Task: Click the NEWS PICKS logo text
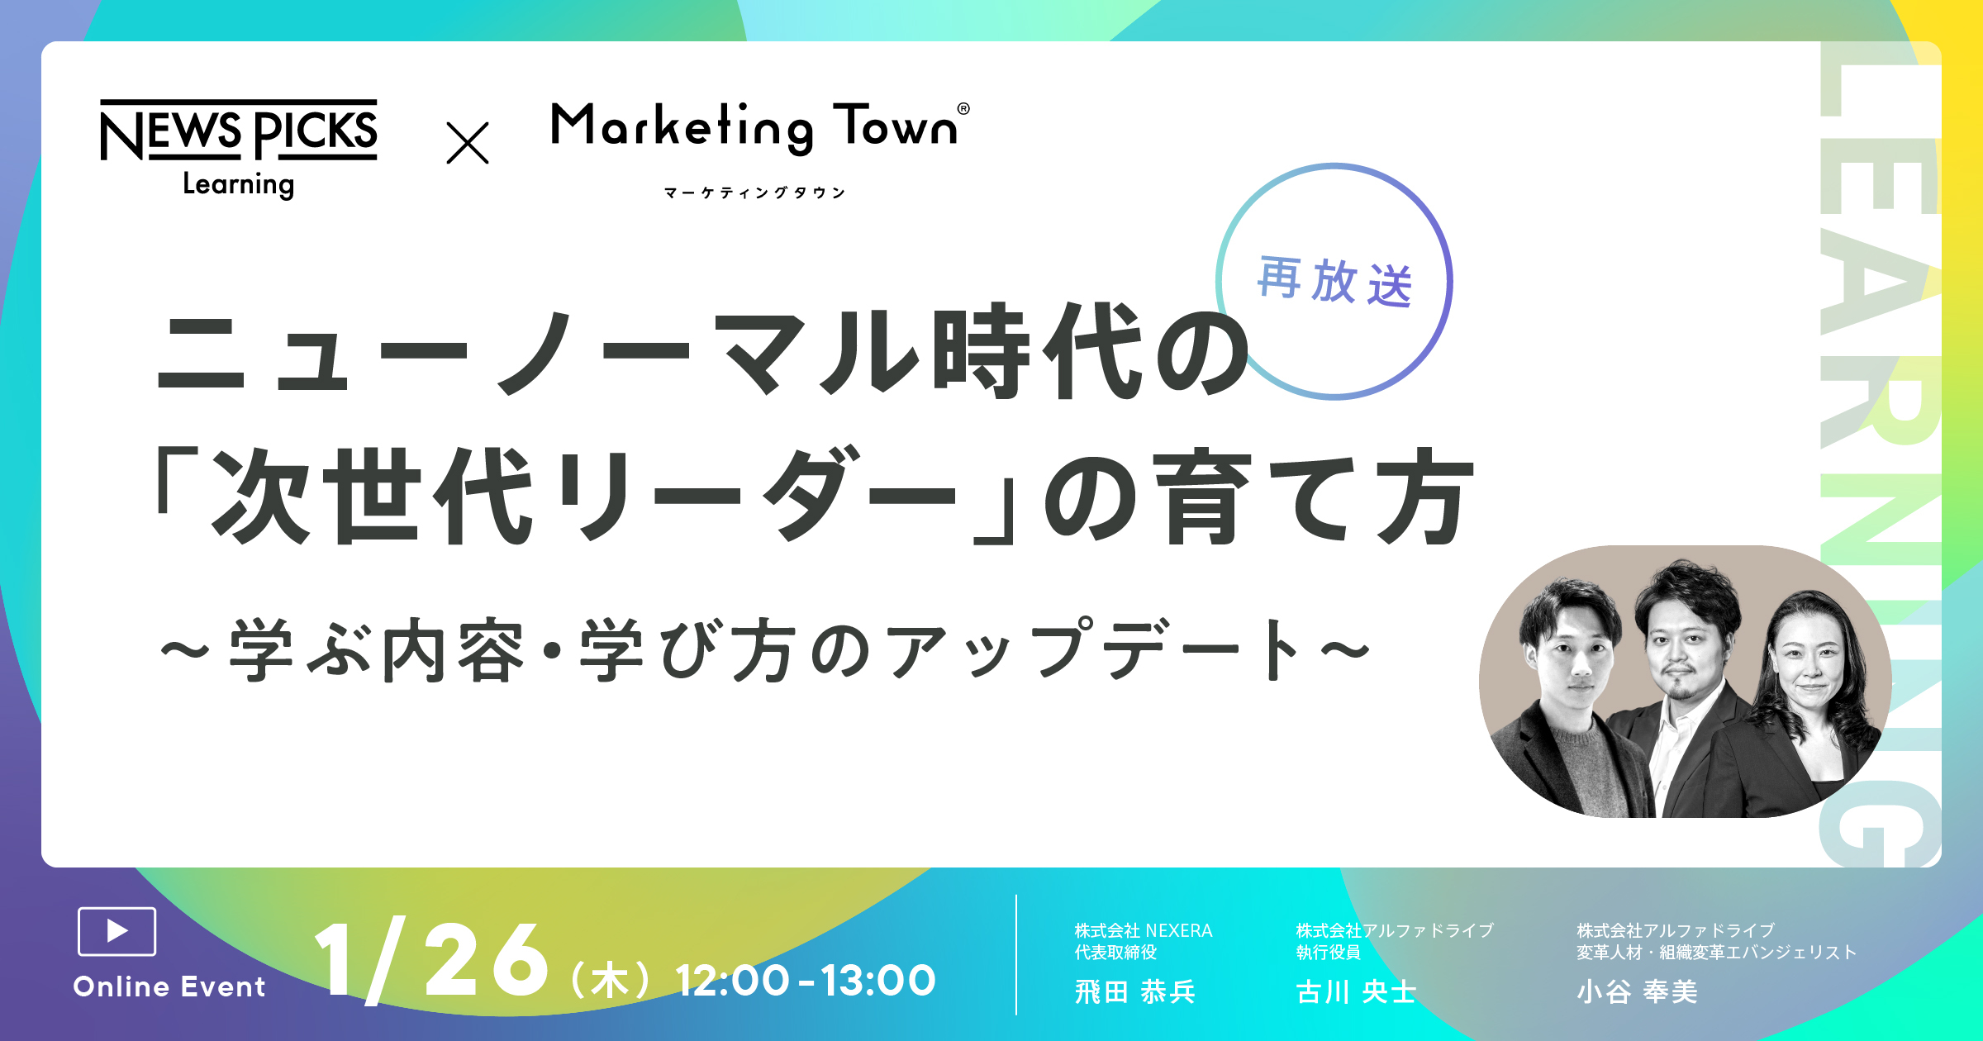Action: coord(239,131)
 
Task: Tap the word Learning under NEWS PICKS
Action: coord(239,184)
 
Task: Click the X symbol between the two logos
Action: coord(468,143)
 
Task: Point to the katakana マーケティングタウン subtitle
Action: coord(755,193)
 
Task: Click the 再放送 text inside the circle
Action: coord(1334,282)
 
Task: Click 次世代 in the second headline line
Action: coord(371,496)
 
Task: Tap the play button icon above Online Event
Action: coord(117,931)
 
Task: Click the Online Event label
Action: coord(169,986)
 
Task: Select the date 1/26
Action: coord(431,960)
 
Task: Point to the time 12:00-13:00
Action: coord(806,981)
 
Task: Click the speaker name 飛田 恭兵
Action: coord(1135,991)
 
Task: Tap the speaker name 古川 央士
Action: coord(1357,991)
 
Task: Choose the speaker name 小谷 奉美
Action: coord(1638,991)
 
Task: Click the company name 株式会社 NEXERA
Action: coord(1144,931)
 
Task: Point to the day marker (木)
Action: coord(611,982)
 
